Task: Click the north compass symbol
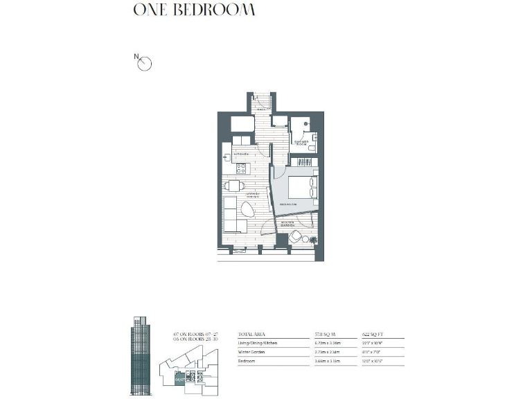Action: (x=145, y=64)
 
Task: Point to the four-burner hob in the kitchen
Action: (x=240, y=168)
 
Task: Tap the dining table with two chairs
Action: (x=233, y=186)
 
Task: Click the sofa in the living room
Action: (x=230, y=215)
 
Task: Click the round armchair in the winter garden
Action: (x=296, y=237)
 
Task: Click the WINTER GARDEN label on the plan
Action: (x=289, y=224)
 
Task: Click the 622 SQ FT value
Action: (x=375, y=333)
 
